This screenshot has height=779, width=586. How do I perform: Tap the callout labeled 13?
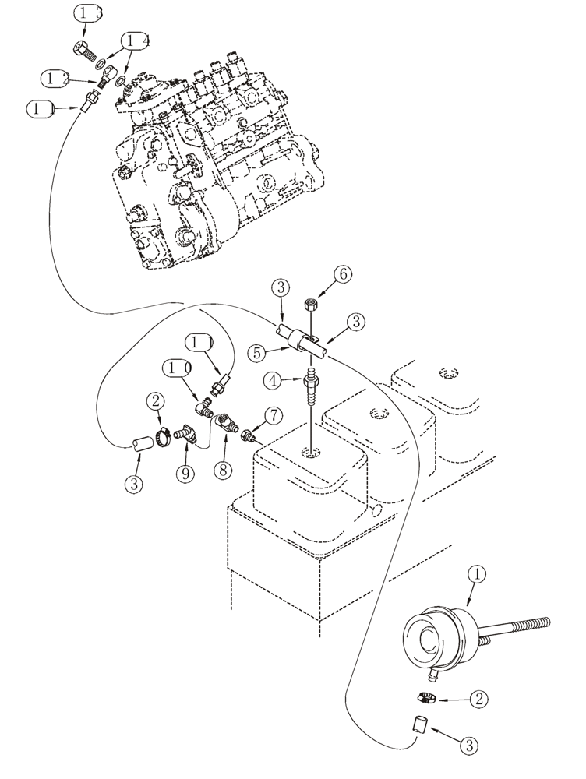click(x=89, y=13)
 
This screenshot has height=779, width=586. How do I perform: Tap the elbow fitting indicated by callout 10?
click(x=204, y=406)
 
